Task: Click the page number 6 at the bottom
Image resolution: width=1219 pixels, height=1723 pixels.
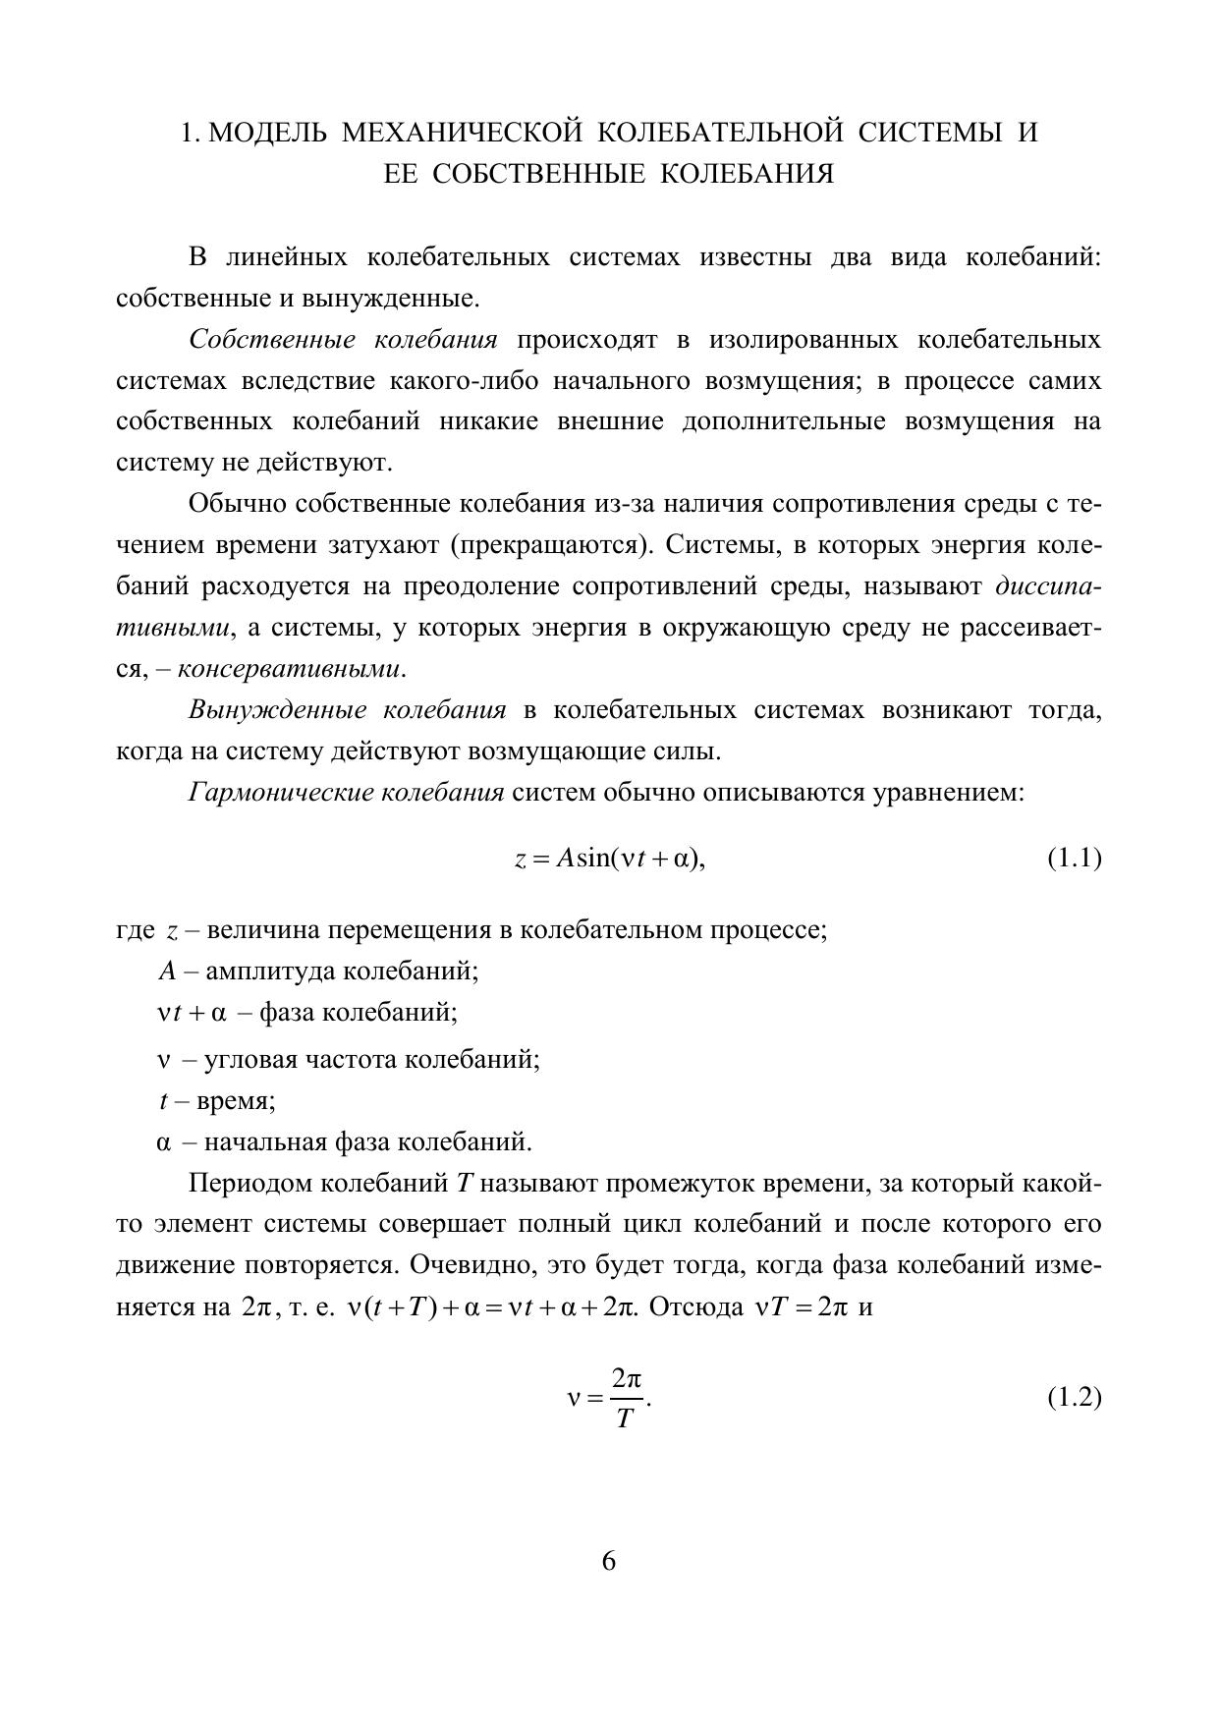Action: click(x=608, y=1561)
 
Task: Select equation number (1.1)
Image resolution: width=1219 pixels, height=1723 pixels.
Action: click(x=1074, y=859)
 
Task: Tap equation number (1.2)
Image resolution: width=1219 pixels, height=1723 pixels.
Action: click(x=1074, y=1397)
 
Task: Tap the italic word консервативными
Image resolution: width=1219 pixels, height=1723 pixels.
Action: click(x=291, y=670)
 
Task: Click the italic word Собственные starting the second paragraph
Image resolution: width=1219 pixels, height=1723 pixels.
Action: click(x=272, y=340)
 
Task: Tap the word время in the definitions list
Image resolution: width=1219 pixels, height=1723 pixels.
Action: click(x=236, y=1101)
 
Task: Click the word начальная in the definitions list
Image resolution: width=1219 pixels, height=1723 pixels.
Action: click(x=264, y=1142)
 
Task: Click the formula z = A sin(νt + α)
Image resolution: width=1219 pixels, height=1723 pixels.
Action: click(x=610, y=859)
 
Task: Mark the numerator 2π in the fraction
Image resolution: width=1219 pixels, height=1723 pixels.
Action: click(x=626, y=1378)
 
